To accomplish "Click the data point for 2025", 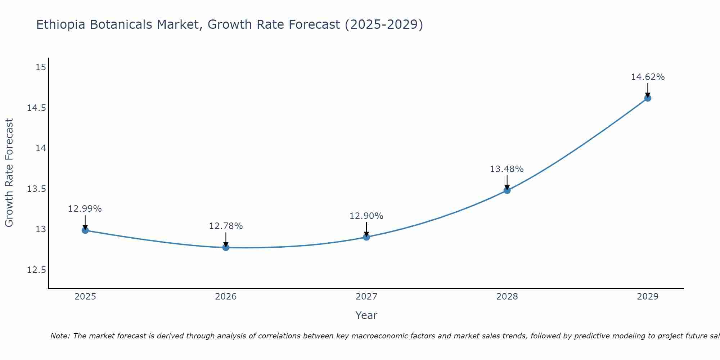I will (85, 230).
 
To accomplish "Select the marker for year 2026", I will (226, 247).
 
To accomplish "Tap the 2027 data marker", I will (366, 237).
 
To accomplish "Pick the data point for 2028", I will (507, 190).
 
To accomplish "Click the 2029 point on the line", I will (648, 98).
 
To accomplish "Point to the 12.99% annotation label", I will (85, 209).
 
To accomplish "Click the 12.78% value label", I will (226, 226).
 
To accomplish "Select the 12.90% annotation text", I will (366, 216).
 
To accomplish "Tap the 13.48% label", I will (507, 169).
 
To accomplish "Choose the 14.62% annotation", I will (648, 77).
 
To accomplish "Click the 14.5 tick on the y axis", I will (36, 108).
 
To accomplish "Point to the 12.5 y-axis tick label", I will (36, 270).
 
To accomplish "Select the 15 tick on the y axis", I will (41, 67).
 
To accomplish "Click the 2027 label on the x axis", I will (366, 297).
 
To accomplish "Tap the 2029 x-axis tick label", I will (647, 297).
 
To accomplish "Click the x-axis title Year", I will (366, 315).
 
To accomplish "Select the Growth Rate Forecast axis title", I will (9, 173).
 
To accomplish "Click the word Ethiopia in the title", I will (61, 25).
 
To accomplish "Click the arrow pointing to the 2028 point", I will (507, 182).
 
